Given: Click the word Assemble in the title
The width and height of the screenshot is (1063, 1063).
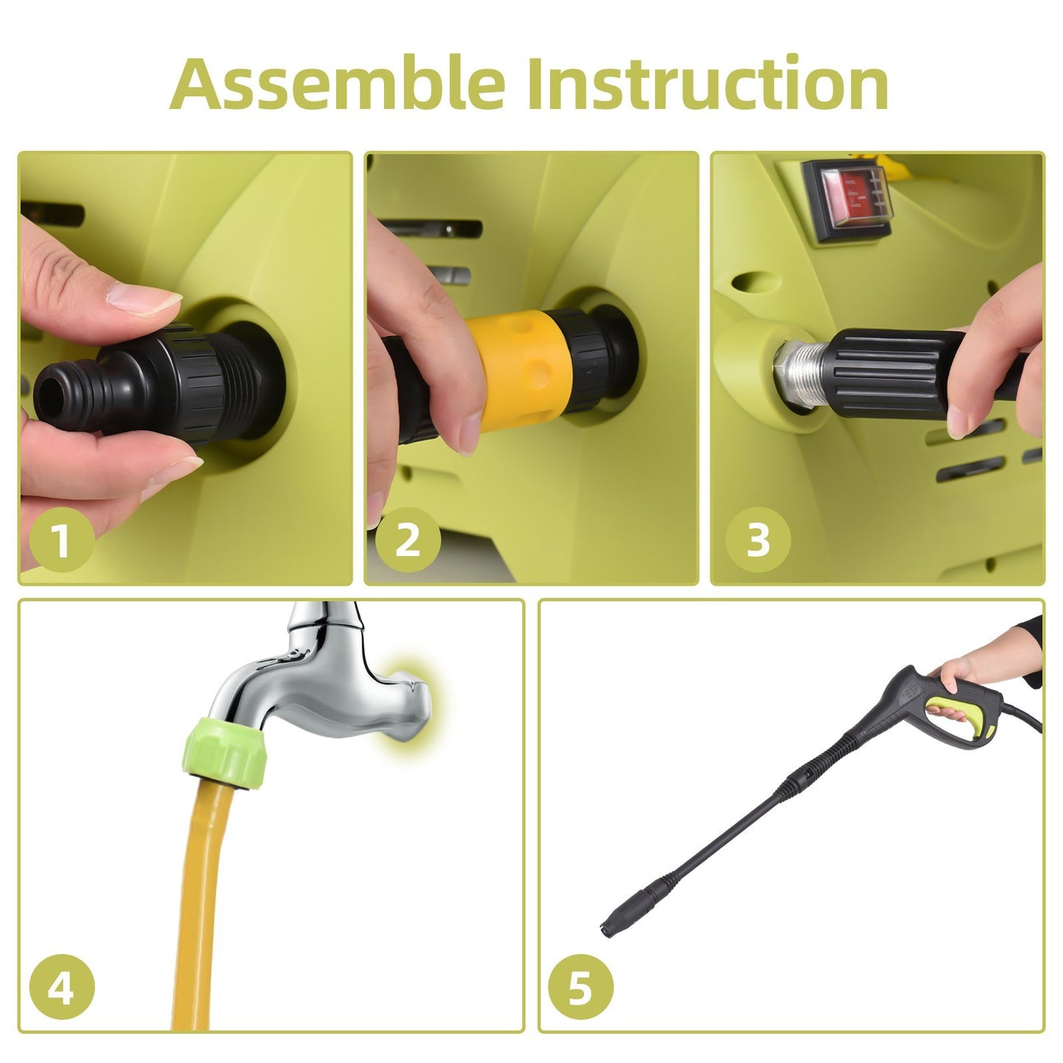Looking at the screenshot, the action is (337, 83).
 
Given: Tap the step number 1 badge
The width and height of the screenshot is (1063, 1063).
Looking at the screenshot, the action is (62, 539).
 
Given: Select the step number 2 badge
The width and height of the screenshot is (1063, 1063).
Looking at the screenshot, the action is (408, 539).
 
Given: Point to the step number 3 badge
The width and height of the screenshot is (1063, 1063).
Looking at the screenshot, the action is (758, 539).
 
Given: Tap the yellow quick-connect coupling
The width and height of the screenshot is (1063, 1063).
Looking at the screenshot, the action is (517, 369).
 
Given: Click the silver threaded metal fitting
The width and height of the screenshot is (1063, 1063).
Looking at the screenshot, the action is (803, 371).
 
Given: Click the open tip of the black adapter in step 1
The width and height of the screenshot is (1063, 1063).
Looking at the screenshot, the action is (52, 396).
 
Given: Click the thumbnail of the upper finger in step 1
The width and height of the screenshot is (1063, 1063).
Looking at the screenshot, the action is (144, 298).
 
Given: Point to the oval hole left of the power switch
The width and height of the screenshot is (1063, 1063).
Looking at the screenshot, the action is (751, 281).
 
